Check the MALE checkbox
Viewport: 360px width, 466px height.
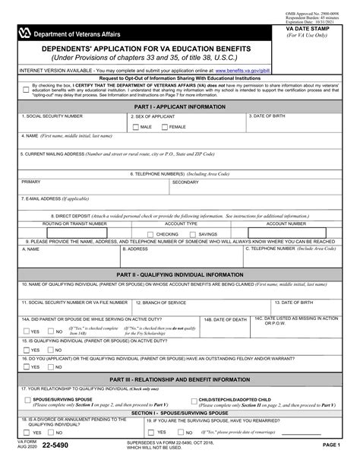(x=135, y=127)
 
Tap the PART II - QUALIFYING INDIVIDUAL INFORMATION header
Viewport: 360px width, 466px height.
(x=180, y=274)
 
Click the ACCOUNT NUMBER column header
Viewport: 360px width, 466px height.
(x=286, y=224)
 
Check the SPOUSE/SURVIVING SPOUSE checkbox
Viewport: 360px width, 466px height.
(x=27, y=399)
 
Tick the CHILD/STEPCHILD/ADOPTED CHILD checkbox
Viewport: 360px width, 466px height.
(x=193, y=399)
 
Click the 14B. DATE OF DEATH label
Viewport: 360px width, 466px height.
(x=225, y=320)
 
